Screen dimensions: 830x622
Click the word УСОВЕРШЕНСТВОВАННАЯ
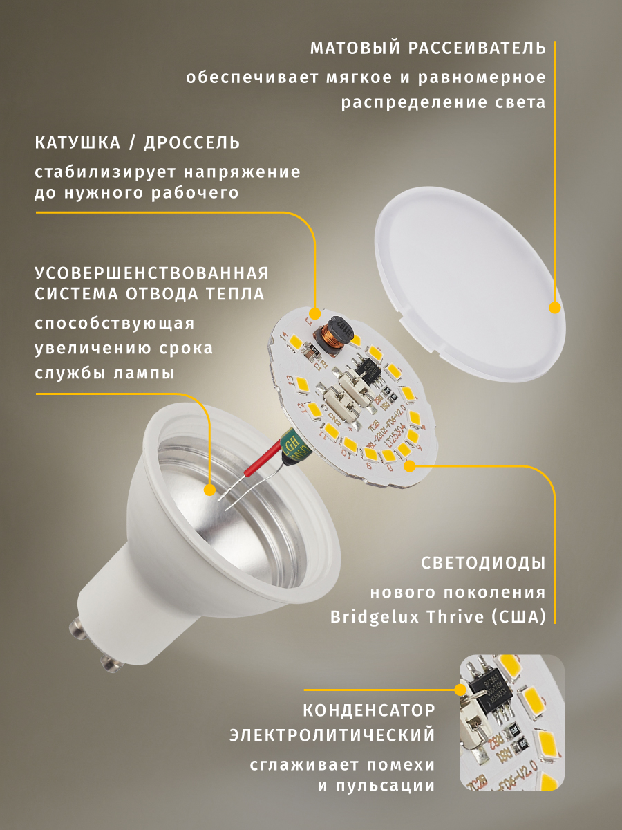(152, 273)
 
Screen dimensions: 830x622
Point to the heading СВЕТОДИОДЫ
(483, 563)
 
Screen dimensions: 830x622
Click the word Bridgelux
(374, 616)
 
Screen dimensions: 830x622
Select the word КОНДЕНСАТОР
(369, 710)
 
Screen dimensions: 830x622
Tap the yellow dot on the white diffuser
(554, 308)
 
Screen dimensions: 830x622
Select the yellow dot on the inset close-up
(459, 690)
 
